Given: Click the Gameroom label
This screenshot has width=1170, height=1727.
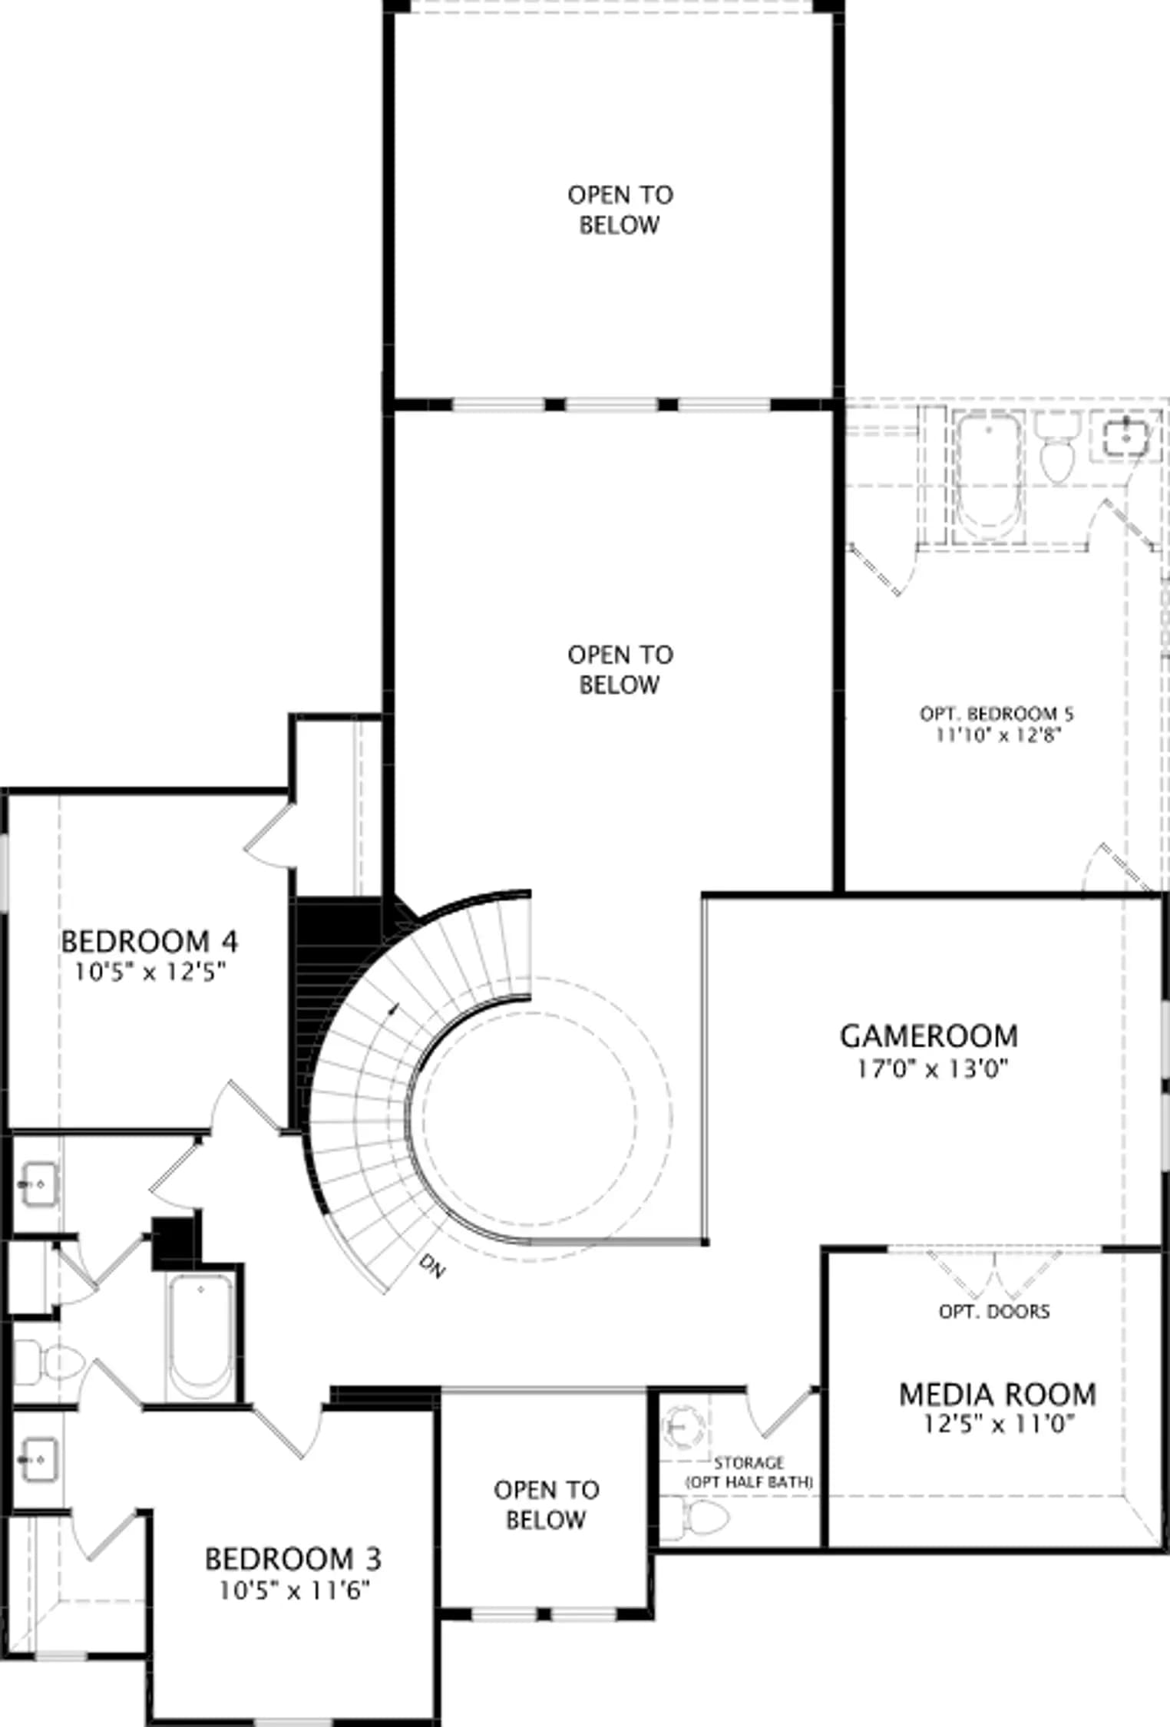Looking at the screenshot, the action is click(929, 1035).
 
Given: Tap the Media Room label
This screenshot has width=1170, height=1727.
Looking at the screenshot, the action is click(997, 1394).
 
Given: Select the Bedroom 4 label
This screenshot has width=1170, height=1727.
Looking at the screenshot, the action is click(150, 941).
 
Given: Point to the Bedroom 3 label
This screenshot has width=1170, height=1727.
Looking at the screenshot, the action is click(293, 1559).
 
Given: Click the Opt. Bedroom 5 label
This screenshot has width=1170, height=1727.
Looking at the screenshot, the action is click(996, 714).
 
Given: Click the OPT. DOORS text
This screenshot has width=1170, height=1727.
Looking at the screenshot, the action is click(994, 1311).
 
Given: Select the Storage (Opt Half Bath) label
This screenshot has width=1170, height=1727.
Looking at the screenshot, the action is click(749, 1472).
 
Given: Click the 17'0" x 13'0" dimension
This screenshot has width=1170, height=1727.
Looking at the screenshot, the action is click(932, 1068).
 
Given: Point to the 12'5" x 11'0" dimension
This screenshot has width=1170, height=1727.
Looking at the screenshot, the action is click(998, 1424).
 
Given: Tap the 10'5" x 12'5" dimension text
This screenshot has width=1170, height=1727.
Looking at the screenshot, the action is click(150, 972).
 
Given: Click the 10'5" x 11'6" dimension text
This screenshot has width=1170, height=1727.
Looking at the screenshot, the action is click(295, 1590).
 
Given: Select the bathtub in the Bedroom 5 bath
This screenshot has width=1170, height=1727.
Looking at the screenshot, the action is click(989, 476).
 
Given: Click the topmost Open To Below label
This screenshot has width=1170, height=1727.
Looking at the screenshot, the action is click(620, 210).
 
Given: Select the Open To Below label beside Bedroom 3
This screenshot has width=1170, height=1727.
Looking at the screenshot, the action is click(547, 1504).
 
